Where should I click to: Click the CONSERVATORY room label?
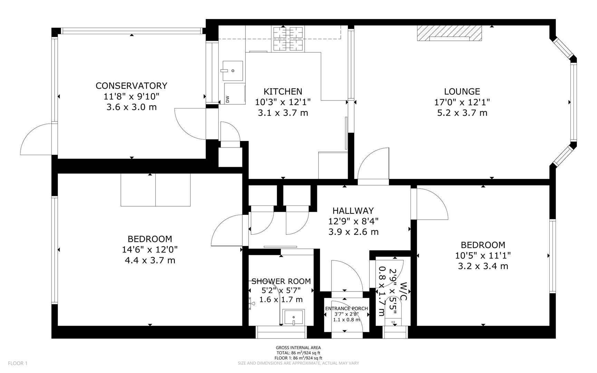coord(131,86)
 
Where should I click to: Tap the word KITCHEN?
coord(283,92)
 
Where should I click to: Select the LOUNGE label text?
coord(462,92)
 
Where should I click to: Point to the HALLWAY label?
coord(353,211)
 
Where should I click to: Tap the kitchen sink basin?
coord(232,70)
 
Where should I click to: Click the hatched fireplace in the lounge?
coord(449,33)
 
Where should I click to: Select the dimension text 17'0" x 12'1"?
coord(462,102)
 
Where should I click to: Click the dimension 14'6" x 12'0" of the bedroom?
coord(150,249)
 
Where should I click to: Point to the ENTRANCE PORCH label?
coord(346,308)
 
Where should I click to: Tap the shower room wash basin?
coord(293,317)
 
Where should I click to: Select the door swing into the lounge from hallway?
coord(373,162)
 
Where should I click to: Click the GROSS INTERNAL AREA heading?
coord(298,348)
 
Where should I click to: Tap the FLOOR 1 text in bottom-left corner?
coord(17,363)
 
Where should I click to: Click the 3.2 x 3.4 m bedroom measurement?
coord(483,266)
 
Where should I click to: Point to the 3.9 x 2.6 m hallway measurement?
coord(353,232)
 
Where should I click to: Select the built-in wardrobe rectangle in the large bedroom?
coord(155,190)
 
